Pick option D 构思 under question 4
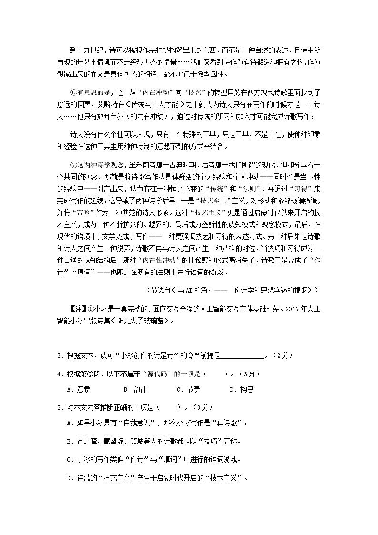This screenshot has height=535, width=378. point(240,389)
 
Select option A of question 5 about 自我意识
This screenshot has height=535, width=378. point(157,423)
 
